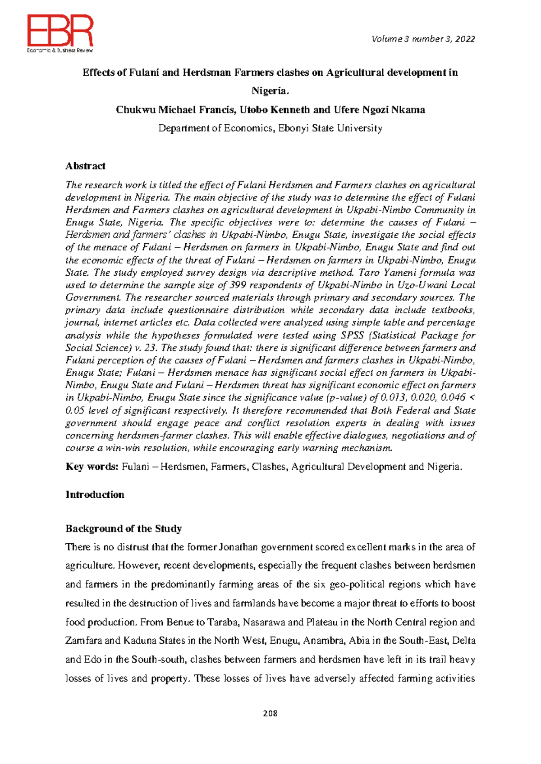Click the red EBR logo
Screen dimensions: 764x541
(x=60, y=32)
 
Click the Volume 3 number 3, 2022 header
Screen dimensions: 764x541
(x=423, y=39)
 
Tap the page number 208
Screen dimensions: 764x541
(x=270, y=713)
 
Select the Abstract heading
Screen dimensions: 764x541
(x=85, y=166)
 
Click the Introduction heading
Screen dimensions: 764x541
(x=95, y=495)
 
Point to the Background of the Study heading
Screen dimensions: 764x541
(x=124, y=528)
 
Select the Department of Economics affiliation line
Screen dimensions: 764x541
(x=270, y=128)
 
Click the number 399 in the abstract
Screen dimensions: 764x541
(x=238, y=285)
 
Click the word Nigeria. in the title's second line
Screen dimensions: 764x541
(x=270, y=91)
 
